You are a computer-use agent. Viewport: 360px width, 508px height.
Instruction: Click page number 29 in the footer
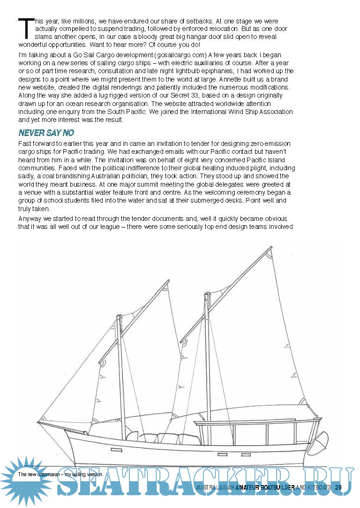click(x=338, y=487)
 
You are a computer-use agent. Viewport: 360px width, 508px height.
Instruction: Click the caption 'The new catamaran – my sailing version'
click(x=60, y=474)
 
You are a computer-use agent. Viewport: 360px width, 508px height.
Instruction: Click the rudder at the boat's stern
click(x=322, y=441)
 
